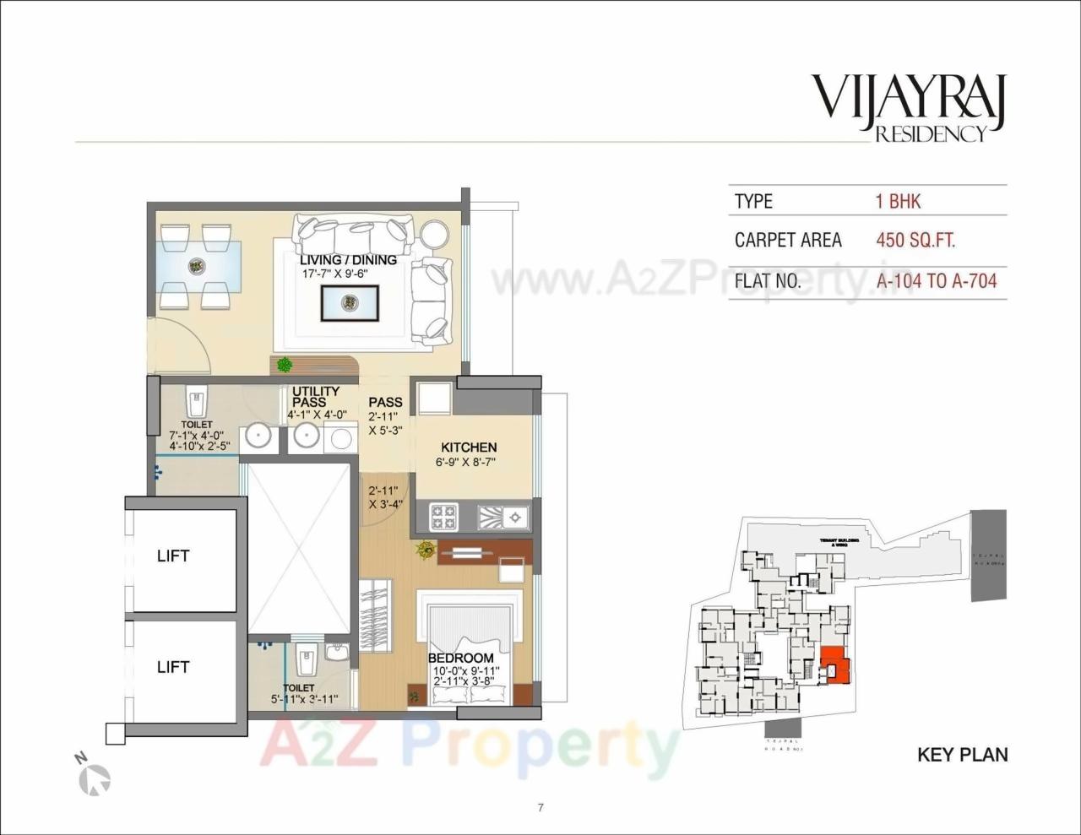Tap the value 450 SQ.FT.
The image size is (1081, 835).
point(915,240)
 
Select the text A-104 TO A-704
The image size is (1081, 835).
point(937,280)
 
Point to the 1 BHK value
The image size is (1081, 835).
point(898,201)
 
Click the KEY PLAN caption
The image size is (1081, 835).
point(962,754)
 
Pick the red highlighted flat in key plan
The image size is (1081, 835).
point(835,664)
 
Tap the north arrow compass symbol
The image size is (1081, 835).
point(95,778)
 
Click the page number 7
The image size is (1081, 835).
point(540,807)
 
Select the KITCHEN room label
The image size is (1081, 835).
point(469,447)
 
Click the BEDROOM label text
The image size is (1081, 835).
point(460,658)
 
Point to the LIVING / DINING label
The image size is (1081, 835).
point(348,260)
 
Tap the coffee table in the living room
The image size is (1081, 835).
point(349,302)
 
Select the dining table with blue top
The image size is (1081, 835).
point(197,265)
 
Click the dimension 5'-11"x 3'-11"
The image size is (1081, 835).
point(304,699)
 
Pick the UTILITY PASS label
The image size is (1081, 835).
point(315,397)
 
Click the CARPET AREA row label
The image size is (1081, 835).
point(787,240)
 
